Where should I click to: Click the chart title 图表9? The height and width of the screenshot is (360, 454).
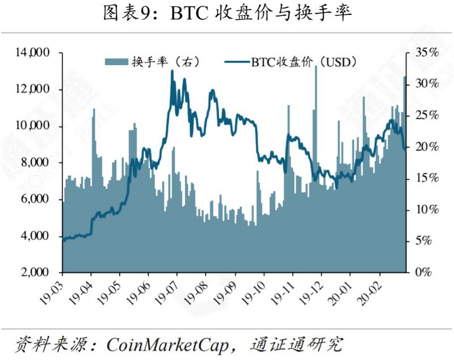pyautogui.click(x=228, y=13)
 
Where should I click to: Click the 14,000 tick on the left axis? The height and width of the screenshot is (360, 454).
pyautogui.click(x=34, y=53)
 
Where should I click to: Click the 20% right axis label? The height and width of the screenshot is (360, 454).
pyautogui.click(x=423, y=147)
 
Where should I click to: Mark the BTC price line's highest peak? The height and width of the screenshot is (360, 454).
pyautogui.click(x=172, y=71)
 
